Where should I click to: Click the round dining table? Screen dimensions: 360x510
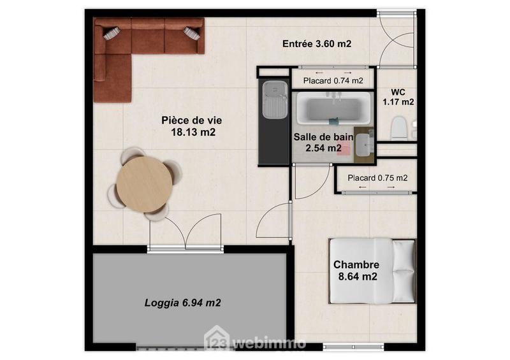click(x=144, y=185)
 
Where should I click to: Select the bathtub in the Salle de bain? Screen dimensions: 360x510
click(x=331, y=109)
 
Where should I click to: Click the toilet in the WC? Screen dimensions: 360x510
click(x=399, y=127)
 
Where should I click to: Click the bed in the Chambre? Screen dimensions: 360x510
click(x=372, y=271)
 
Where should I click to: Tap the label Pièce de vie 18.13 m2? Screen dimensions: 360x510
click(x=192, y=126)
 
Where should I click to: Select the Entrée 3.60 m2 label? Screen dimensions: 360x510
click(x=317, y=44)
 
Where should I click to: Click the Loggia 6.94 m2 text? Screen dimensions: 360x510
click(x=182, y=303)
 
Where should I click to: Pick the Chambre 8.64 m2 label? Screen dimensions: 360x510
click(x=356, y=271)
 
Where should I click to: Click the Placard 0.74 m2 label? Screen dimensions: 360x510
click(x=333, y=81)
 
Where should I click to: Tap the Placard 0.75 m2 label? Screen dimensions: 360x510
click(x=377, y=178)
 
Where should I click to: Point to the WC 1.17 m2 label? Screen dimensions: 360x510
click(x=398, y=96)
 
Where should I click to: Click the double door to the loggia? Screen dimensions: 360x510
click(x=185, y=233)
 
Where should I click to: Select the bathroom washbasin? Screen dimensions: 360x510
click(x=364, y=145)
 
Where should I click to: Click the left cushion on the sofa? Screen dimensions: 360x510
click(x=112, y=32)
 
